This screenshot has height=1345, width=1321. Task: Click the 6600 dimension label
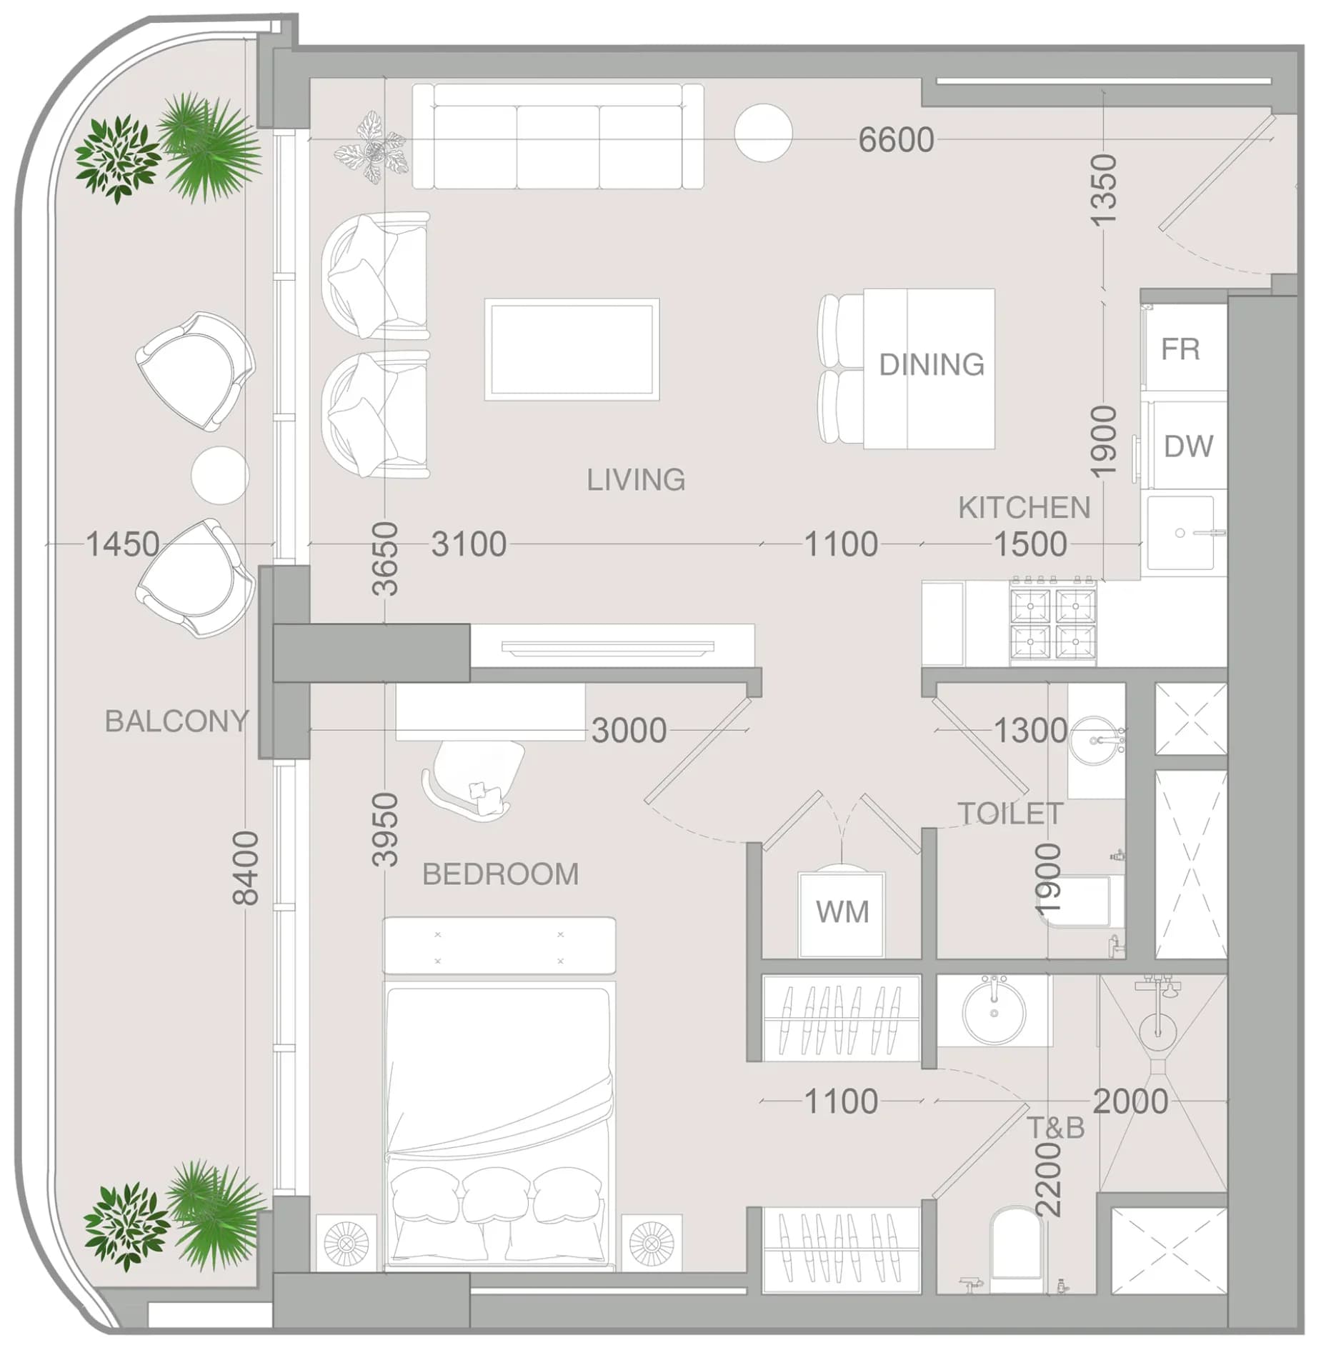pyautogui.click(x=896, y=139)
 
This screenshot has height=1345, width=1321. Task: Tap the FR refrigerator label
pyautogui.click(x=1180, y=349)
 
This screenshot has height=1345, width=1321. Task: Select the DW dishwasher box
pyautogui.click(x=1187, y=446)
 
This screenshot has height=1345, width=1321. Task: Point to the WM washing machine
pyautogui.click(x=842, y=914)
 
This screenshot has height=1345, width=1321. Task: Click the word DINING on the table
pyautogui.click(x=932, y=364)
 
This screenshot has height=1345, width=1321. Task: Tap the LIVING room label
pyautogui.click(x=636, y=479)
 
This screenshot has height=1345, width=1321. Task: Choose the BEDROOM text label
pyautogui.click(x=500, y=874)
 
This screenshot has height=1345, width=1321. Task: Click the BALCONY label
pyautogui.click(x=176, y=721)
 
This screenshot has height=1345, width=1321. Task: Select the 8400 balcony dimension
pyautogui.click(x=246, y=868)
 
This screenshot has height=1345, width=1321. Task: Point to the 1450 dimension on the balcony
pyautogui.click(x=122, y=544)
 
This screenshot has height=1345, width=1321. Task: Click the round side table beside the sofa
pyautogui.click(x=763, y=133)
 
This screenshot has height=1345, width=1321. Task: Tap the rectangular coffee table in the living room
pyautogui.click(x=572, y=349)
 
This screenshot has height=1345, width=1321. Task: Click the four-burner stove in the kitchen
pyautogui.click(x=1052, y=621)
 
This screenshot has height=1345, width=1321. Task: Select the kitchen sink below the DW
pyautogui.click(x=1181, y=533)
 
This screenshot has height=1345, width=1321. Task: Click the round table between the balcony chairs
pyautogui.click(x=220, y=475)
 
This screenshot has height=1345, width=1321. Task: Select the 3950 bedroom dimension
pyautogui.click(x=385, y=829)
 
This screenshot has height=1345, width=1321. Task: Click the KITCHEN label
pyautogui.click(x=1024, y=508)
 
